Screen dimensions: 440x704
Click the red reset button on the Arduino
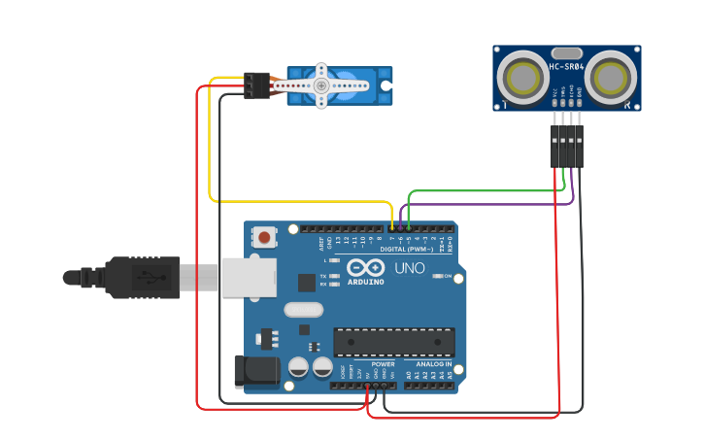(264, 236)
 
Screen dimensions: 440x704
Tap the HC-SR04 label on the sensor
(566, 67)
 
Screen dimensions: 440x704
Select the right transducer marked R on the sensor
(611, 76)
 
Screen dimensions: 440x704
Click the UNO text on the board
(410, 267)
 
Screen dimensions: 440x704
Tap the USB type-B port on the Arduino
(249, 277)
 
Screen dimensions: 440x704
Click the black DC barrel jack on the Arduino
(255, 371)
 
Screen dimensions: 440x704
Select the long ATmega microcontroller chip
(394, 342)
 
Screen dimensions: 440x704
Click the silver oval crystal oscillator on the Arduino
(303, 310)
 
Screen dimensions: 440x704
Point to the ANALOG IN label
(434, 364)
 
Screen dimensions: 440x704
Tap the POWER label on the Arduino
(384, 364)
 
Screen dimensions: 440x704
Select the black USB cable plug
(142, 277)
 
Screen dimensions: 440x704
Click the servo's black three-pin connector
(257, 85)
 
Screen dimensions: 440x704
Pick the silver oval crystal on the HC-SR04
(566, 52)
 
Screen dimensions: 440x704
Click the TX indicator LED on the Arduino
(335, 277)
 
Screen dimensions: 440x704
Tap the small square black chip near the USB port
(307, 283)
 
